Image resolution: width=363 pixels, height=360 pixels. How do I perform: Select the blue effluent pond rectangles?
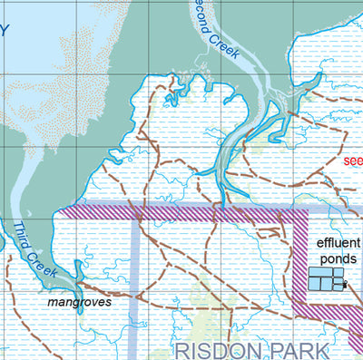324,279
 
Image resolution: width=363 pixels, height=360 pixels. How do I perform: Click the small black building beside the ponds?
344,285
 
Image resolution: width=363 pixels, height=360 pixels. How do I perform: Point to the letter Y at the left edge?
4,30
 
